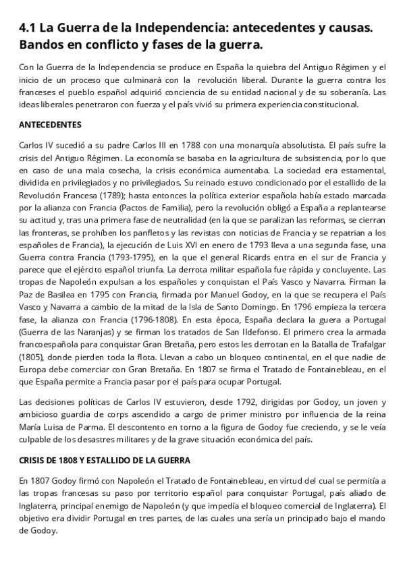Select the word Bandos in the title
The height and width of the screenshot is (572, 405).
42,45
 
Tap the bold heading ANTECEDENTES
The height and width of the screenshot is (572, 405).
50,125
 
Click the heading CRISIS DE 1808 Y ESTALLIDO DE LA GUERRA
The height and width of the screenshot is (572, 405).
105,460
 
